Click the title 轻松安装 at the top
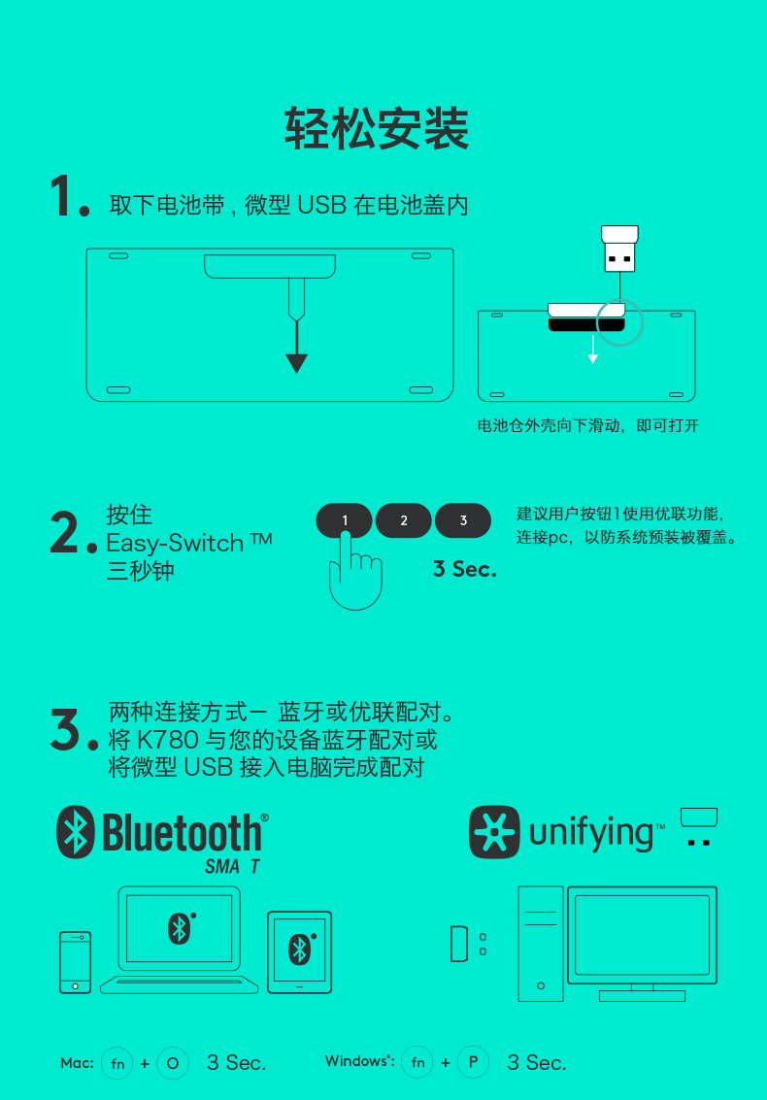(x=376, y=128)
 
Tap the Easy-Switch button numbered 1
(x=344, y=520)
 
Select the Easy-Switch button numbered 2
(x=404, y=520)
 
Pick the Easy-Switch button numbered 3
(x=463, y=520)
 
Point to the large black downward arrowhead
(x=297, y=363)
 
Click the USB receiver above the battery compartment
(x=619, y=249)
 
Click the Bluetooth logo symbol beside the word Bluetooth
(x=75, y=832)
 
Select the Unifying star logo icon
(x=495, y=832)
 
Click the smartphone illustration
(x=75, y=962)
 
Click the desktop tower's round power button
(x=541, y=985)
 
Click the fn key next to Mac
(x=117, y=1063)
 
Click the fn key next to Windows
(x=417, y=1063)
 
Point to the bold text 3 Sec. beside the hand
(x=464, y=569)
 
